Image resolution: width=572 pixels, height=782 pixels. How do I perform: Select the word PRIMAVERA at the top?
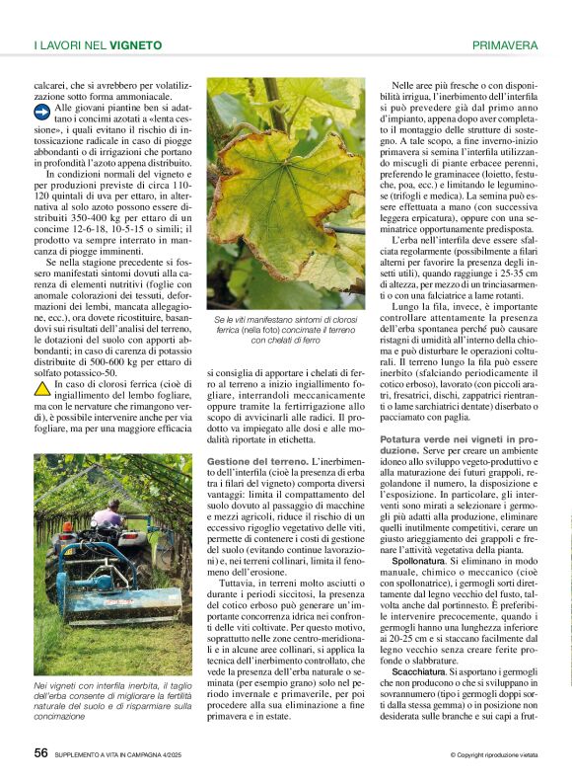pyautogui.click(x=505, y=44)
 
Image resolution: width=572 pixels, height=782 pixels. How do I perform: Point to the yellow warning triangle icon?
pyautogui.click(x=41, y=386)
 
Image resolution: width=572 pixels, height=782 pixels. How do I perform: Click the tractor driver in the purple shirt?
pyautogui.click(x=110, y=514)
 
